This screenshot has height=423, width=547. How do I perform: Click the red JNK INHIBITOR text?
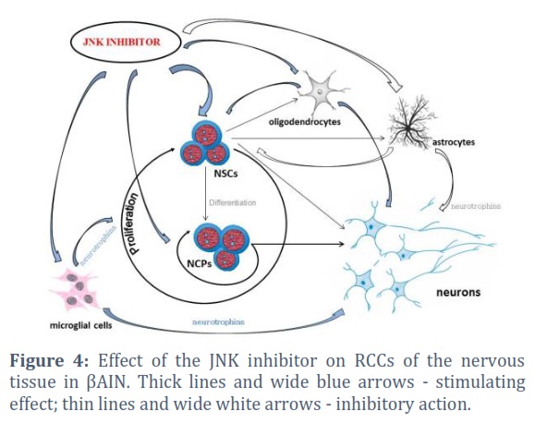(121, 42)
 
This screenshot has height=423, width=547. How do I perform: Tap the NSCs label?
(225, 174)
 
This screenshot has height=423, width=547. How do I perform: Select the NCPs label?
(200, 263)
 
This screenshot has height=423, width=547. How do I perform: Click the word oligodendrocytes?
(305, 122)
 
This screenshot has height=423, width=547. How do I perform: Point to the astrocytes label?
(454, 142)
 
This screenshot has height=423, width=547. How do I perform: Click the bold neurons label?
(458, 292)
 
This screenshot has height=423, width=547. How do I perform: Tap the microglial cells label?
(81, 326)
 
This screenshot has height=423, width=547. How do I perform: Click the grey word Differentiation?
(233, 202)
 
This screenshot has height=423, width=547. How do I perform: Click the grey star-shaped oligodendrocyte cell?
(322, 91)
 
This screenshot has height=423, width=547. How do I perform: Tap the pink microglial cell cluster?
(74, 290)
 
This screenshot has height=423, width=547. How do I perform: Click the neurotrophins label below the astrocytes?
(476, 206)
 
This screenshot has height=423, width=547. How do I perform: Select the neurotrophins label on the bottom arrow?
(218, 321)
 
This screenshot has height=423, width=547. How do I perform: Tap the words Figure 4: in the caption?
(50, 360)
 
